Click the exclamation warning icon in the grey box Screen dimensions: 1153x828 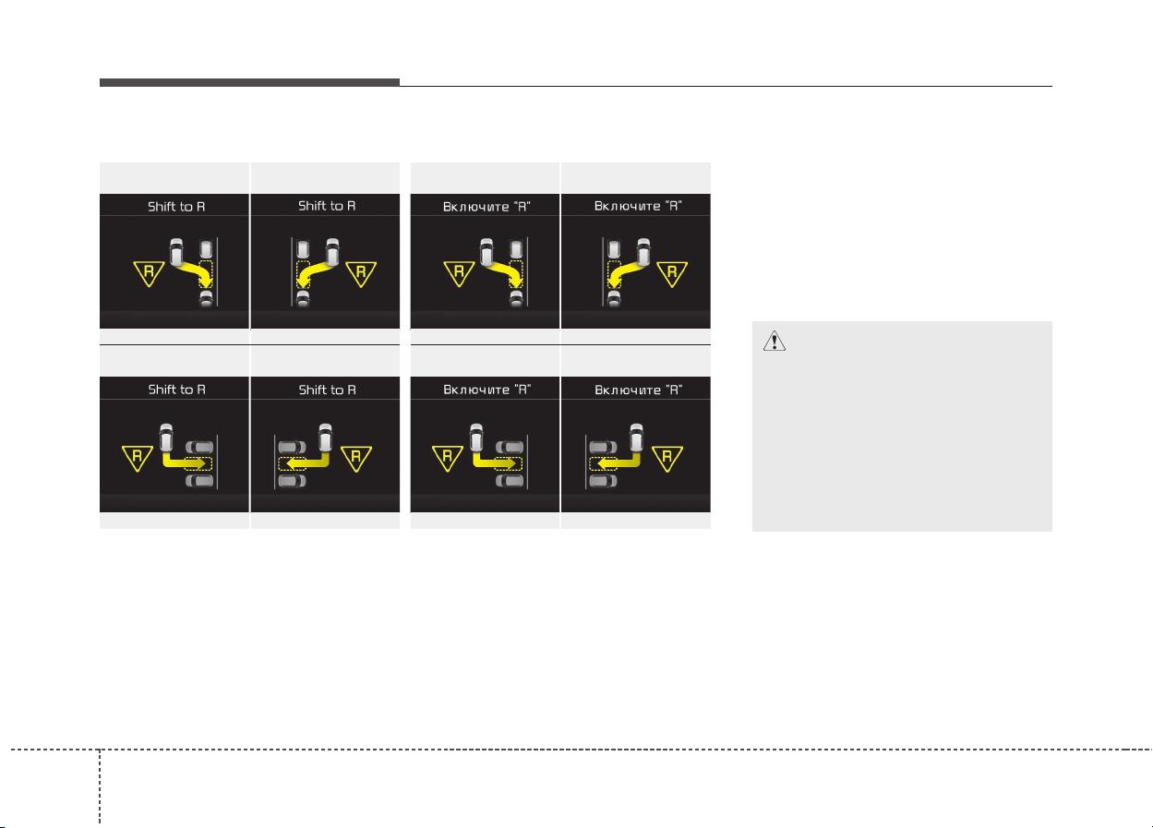click(x=775, y=342)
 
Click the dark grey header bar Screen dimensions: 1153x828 click(x=249, y=82)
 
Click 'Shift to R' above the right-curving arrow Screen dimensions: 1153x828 click(x=176, y=207)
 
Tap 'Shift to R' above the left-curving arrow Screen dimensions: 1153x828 click(x=327, y=206)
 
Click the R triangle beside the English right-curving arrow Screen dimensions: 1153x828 click(x=149, y=272)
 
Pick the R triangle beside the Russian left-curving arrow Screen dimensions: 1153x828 click(x=672, y=273)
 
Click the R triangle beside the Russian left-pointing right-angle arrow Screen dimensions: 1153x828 click(x=667, y=458)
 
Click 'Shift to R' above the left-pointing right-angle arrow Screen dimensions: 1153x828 click(x=328, y=390)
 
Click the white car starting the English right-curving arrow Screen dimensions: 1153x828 click(x=176, y=252)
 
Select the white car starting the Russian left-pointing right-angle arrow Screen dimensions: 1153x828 click(x=636, y=438)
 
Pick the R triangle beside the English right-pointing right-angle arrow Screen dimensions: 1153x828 click(x=138, y=458)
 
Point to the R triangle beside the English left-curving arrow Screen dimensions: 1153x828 click(x=361, y=273)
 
